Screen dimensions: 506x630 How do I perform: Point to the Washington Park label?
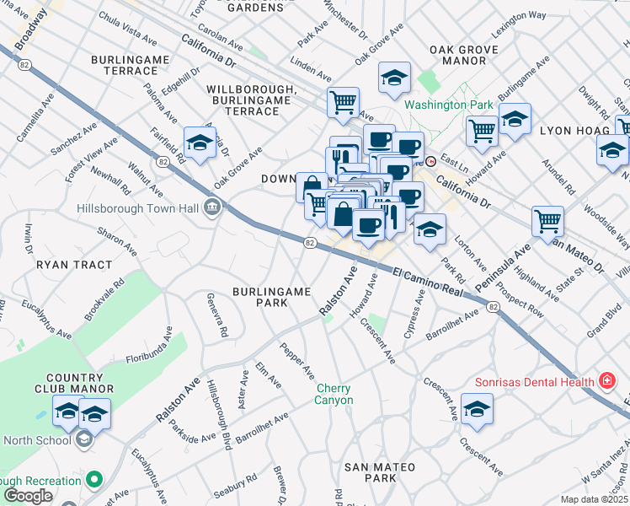tap(446, 105)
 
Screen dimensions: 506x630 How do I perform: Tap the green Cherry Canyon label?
tap(334, 394)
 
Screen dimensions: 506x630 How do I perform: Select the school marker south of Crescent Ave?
tap(477, 409)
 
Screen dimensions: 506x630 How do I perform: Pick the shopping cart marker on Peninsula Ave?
tap(547, 221)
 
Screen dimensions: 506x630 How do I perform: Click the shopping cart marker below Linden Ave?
tap(343, 102)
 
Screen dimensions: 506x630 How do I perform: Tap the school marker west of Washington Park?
tap(394, 78)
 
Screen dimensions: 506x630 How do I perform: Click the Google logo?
tap(27, 496)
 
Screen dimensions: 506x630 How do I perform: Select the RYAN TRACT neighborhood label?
tap(74, 265)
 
